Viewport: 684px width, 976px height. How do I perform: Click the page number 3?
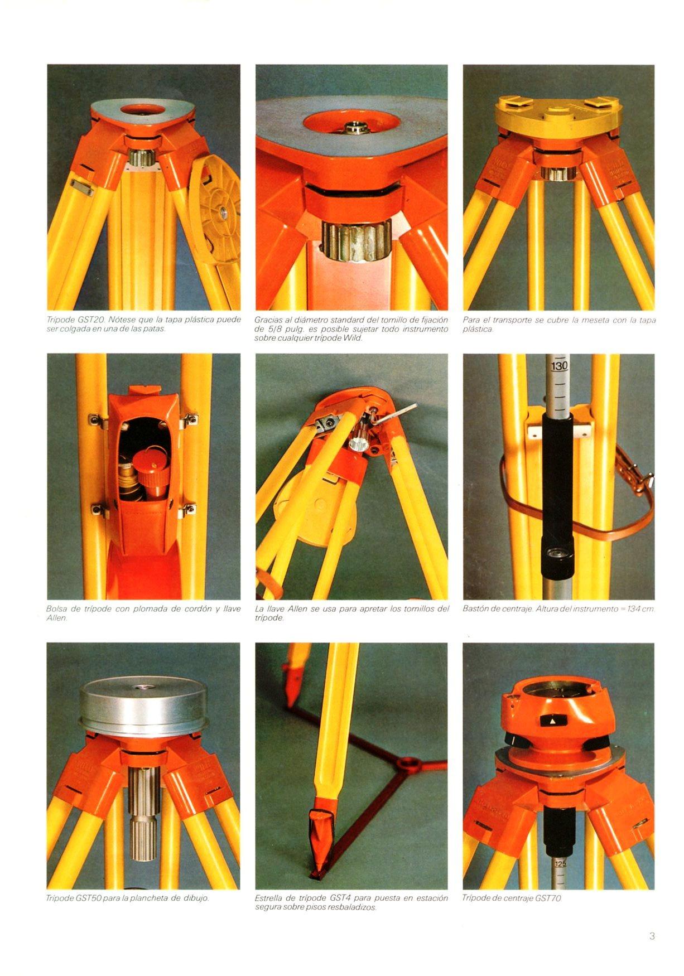(x=652, y=935)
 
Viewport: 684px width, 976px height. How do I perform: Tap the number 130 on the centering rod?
(x=559, y=366)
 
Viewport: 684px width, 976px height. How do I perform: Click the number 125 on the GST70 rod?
(x=560, y=864)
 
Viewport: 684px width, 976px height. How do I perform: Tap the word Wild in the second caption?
(x=353, y=338)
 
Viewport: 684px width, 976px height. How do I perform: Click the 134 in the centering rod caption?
(x=634, y=608)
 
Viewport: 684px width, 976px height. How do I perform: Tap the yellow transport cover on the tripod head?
(x=558, y=117)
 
